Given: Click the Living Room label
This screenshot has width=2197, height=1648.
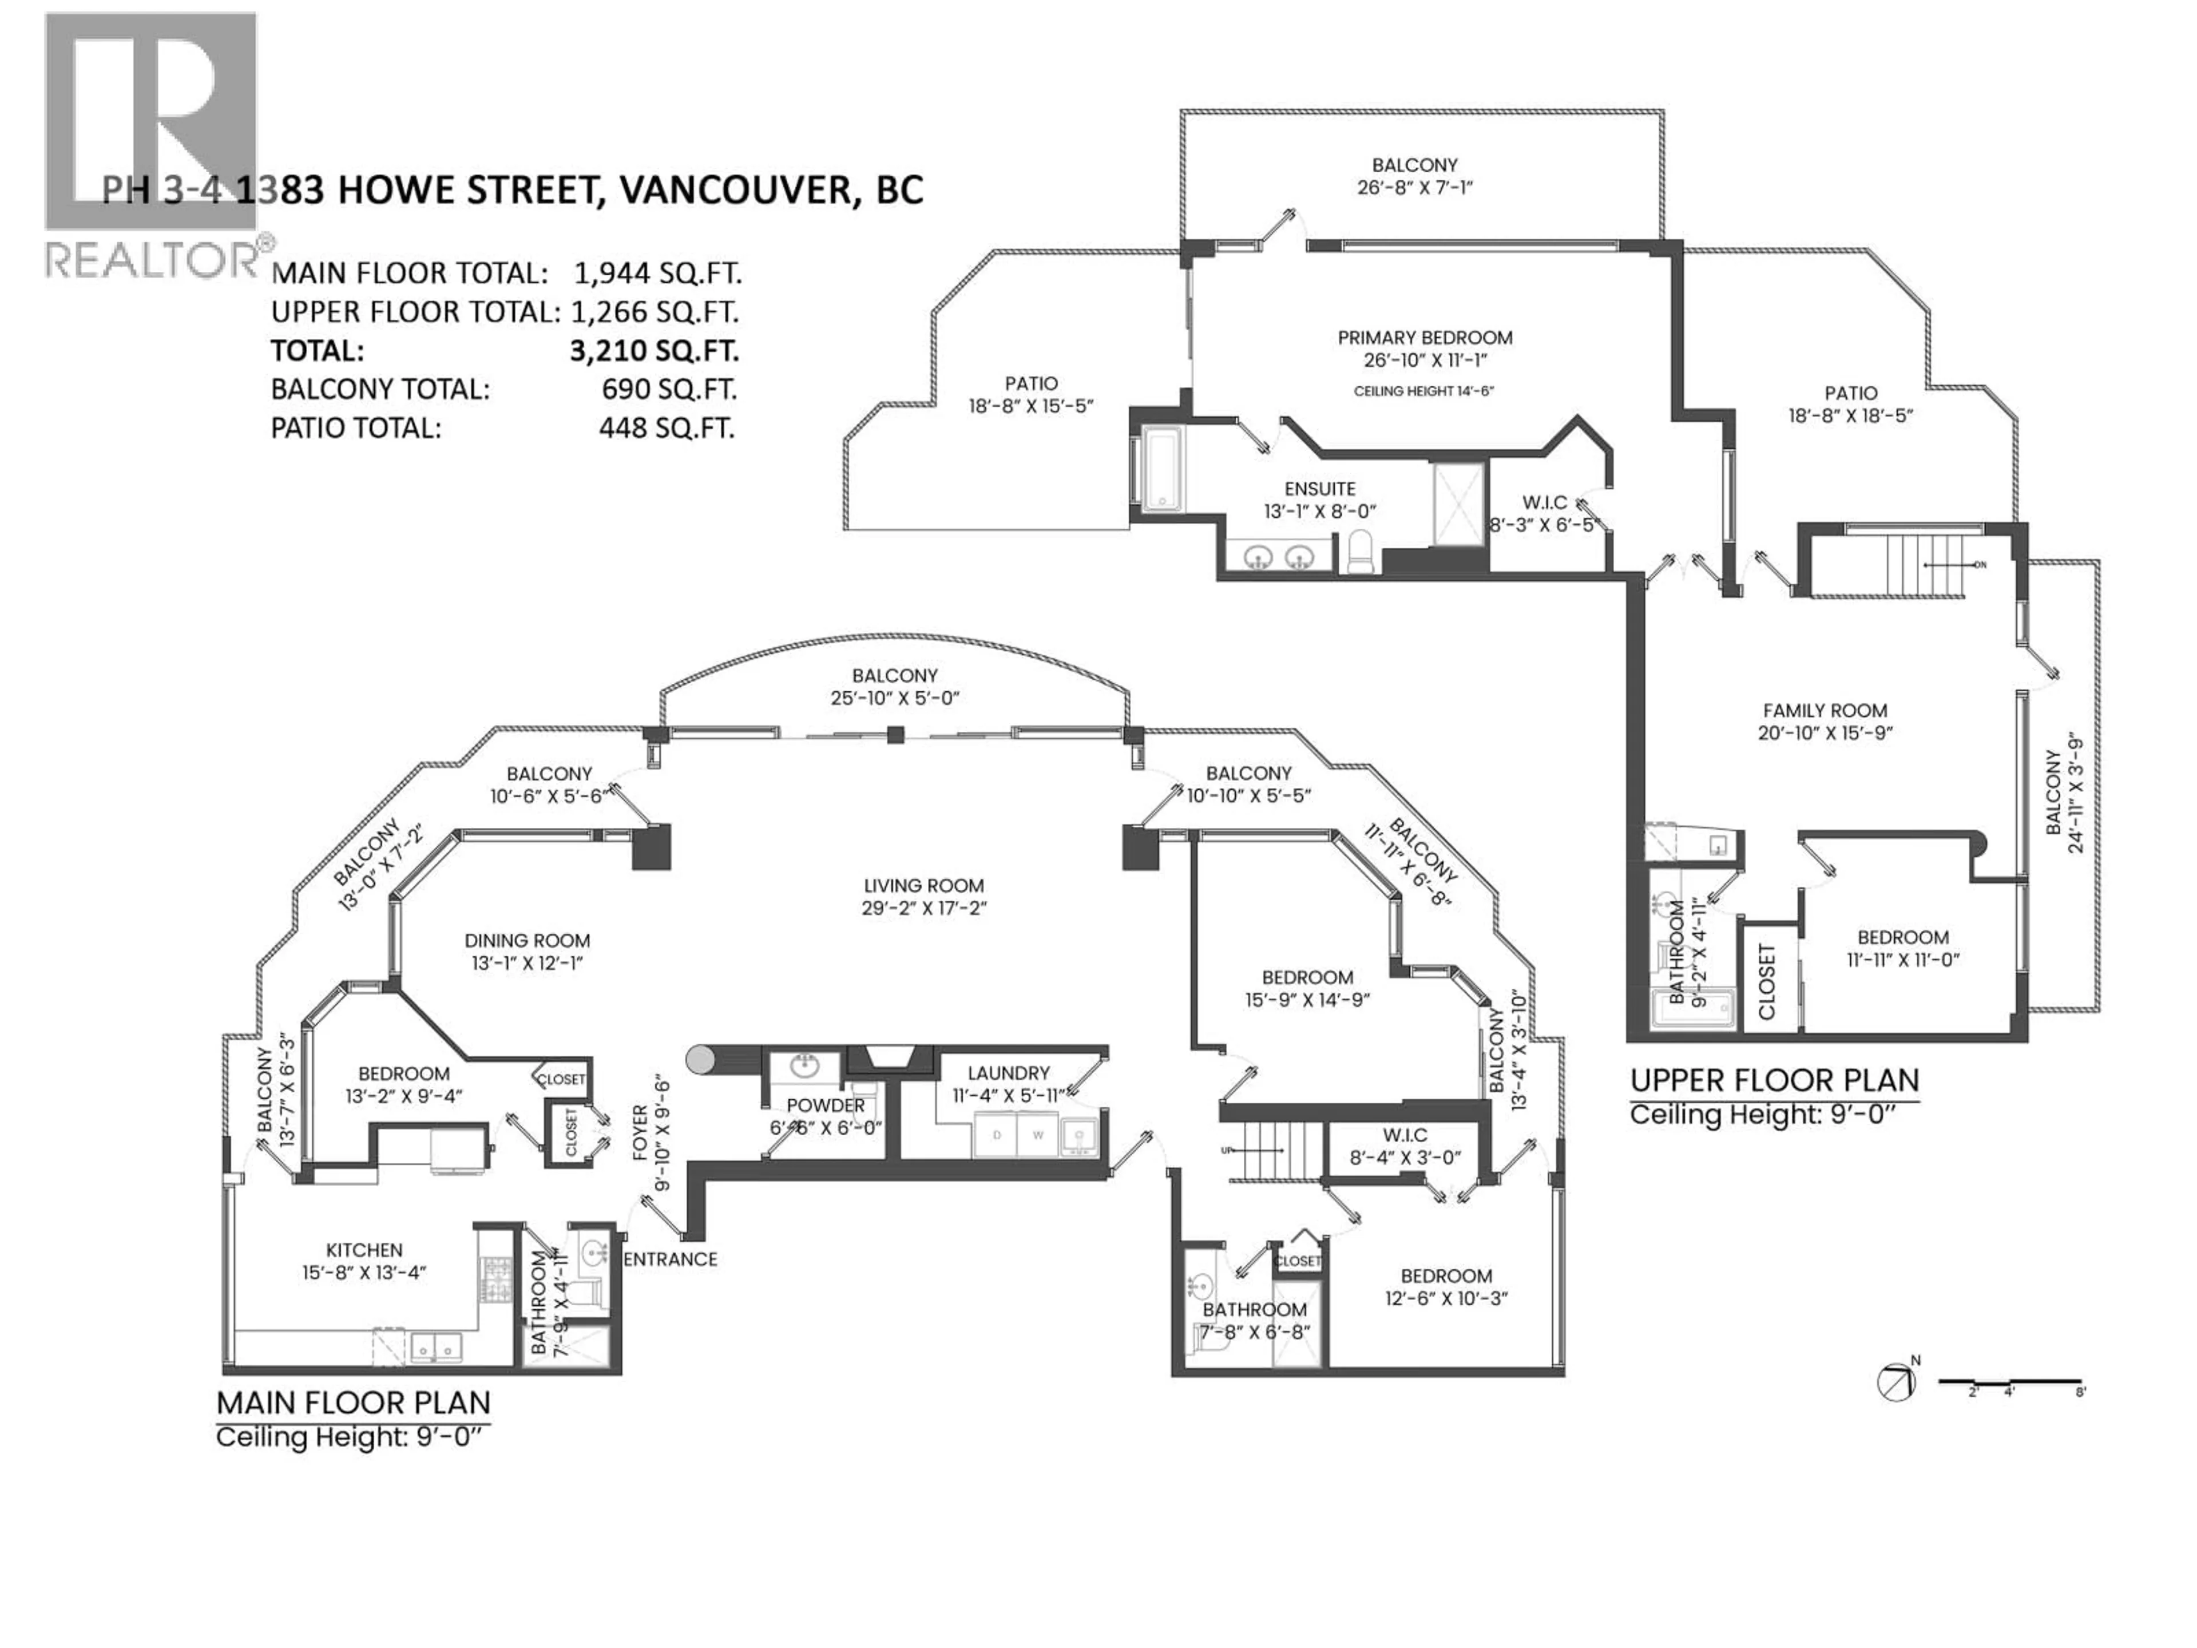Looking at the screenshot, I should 923,886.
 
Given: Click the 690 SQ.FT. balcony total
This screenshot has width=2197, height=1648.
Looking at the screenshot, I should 668,390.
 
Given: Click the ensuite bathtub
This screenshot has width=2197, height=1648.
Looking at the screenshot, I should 1159,468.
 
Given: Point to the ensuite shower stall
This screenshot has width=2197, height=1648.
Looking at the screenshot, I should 1457,505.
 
